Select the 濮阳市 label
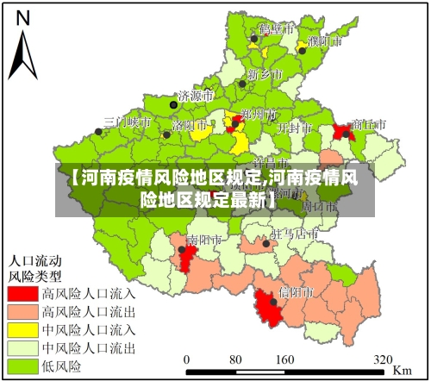[324, 41]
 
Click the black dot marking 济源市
[173, 103]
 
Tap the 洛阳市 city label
[190, 124]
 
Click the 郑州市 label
[259, 113]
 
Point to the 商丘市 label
[370, 124]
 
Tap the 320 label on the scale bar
[383, 358]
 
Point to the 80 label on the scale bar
[235, 358]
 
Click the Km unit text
[403, 369]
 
